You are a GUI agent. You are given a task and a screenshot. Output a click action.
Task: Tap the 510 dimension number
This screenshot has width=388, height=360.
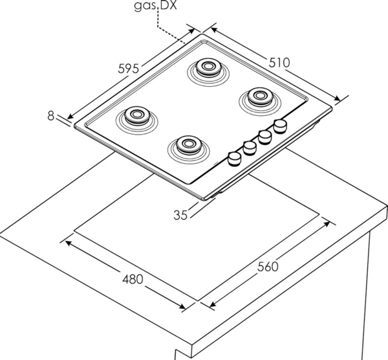(x=279, y=62)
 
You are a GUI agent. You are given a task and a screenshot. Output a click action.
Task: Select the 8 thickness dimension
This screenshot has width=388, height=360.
(x=50, y=116)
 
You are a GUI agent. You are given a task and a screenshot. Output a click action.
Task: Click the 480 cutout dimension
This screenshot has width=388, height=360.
(x=132, y=279)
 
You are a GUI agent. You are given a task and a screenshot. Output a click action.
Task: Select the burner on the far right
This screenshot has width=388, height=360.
(x=259, y=97)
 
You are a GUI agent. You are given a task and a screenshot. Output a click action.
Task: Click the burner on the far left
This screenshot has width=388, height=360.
(x=136, y=116)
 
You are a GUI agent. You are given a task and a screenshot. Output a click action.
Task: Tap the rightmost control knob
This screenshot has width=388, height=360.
(x=281, y=125)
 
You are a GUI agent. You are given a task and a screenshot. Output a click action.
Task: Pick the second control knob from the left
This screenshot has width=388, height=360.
(x=249, y=148)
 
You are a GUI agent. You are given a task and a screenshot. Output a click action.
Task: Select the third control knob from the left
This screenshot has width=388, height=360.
(x=264, y=137)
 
